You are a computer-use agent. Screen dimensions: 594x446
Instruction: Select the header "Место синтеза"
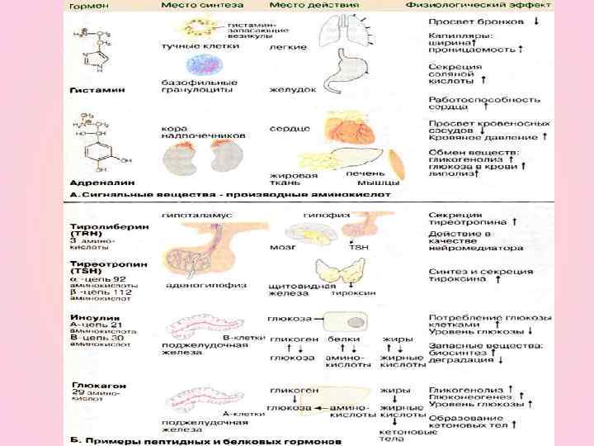196,5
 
